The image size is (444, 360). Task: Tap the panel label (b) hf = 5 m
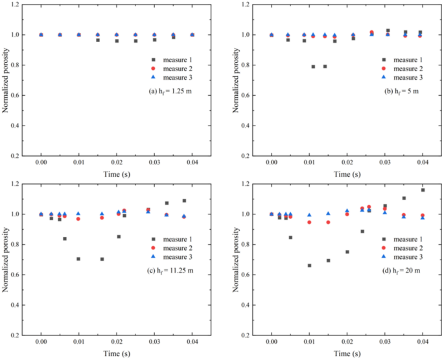click(x=401, y=91)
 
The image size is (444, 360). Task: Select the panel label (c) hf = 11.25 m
click(x=172, y=269)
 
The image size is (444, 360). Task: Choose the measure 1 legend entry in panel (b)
click(x=404, y=60)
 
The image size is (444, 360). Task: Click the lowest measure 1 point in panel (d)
click(x=309, y=265)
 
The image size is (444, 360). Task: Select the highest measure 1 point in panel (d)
click(x=423, y=190)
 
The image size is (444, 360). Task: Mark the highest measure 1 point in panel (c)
click(x=184, y=201)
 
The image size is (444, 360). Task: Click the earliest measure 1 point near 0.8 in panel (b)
click(x=313, y=66)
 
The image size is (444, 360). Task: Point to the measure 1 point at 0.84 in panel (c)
click(x=65, y=238)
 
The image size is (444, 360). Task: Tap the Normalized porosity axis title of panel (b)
click(x=236, y=80)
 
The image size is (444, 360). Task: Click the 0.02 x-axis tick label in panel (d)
click(x=347, y=345)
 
